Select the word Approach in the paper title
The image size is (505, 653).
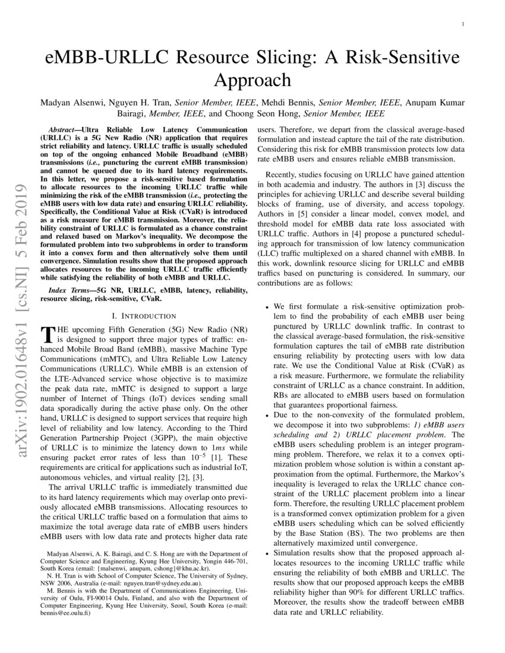[x=252, y=80]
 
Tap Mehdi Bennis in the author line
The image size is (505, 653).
[x=292, y=103]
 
